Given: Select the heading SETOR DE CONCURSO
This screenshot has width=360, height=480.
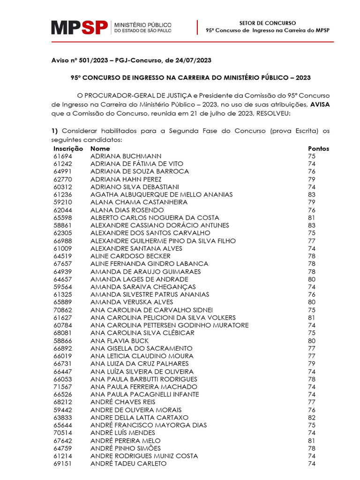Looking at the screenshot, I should tap(267, 22).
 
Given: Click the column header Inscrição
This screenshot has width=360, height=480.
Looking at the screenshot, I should tap(68, 149).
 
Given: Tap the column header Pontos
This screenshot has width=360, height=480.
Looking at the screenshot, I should tap(318, 149).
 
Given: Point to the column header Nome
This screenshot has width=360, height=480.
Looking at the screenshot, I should tap(100, 149).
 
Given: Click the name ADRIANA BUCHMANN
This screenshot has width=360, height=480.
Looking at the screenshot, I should tap(126, 156).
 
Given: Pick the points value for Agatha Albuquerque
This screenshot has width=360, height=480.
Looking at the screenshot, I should tap(312, 195).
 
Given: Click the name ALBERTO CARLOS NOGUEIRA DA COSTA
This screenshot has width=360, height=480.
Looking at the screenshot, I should tap(155, 217).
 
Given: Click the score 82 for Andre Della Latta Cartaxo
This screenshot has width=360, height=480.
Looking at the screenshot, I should tap(312, 418).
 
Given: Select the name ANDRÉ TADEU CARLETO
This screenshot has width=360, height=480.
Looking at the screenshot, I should tap(128, 464).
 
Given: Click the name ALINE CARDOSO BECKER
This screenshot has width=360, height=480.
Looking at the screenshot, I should tap(130, 256).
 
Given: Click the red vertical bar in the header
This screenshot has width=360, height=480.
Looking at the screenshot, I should tap(197, 27).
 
